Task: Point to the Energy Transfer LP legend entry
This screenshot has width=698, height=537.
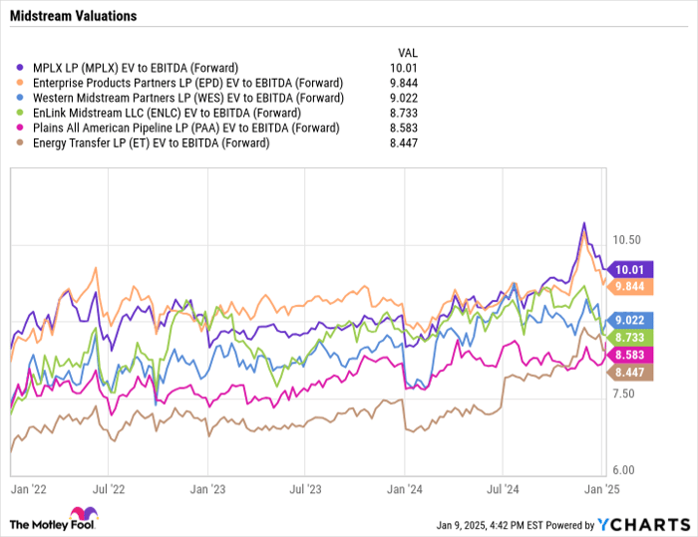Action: click(x=151, y=142)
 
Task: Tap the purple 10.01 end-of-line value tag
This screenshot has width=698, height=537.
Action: click(x=633, y=269)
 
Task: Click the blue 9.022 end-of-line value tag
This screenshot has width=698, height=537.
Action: click(x=633, y=320)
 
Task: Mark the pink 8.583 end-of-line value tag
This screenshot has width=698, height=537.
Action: click(x=633, y=355)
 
